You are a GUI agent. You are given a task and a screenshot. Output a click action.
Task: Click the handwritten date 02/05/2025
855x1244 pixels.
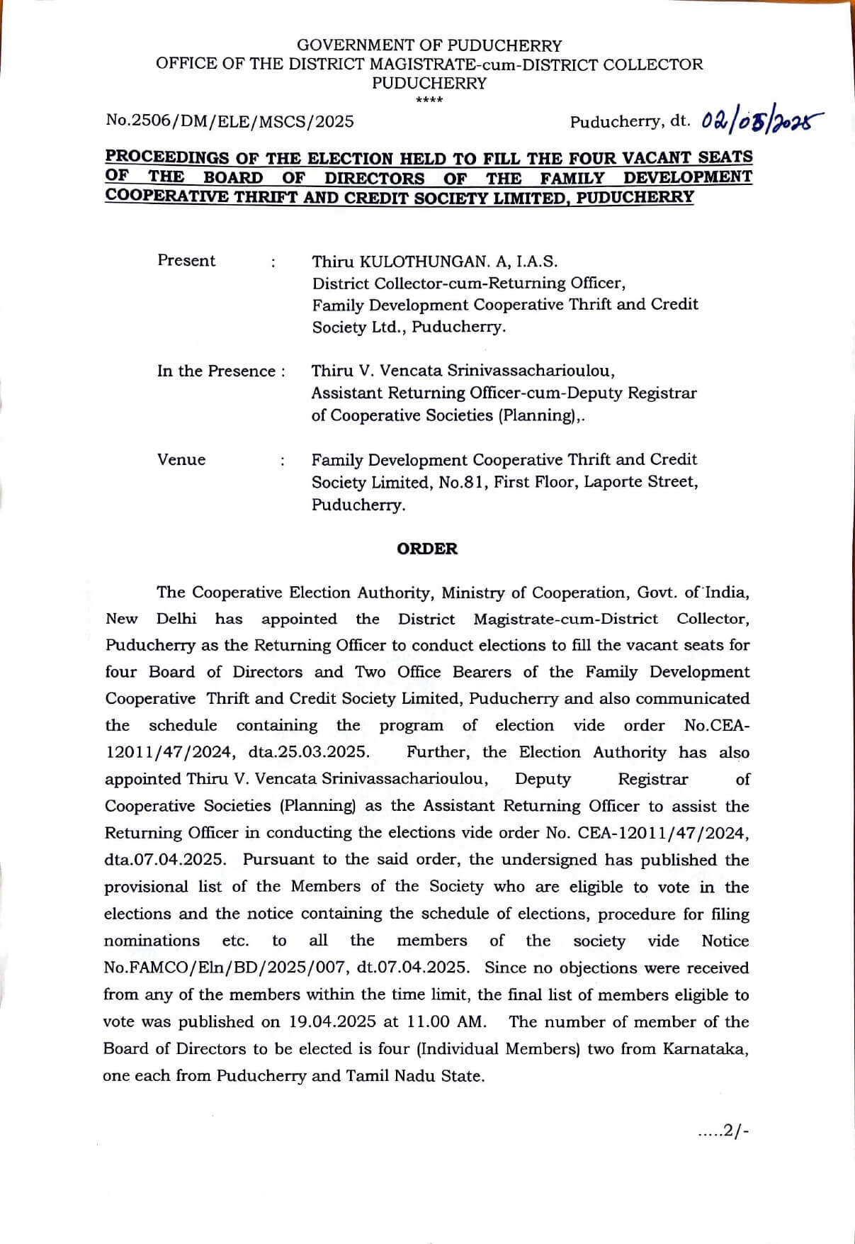point(762,121)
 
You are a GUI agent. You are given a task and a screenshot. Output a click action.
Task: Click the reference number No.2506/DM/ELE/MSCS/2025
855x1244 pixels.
point(230,121)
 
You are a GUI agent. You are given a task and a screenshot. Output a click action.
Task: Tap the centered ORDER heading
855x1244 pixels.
point(427,549)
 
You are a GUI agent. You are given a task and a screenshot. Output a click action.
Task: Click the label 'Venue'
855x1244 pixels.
point(181,460)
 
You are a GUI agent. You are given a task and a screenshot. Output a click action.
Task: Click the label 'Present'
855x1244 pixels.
point(186,261)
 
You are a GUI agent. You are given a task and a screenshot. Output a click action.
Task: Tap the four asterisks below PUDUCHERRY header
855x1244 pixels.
point(429,100)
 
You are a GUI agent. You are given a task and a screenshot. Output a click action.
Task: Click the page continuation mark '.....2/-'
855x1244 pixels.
point(723,1132)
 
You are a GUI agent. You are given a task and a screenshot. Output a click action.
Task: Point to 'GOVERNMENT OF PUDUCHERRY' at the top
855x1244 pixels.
point(429,46)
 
